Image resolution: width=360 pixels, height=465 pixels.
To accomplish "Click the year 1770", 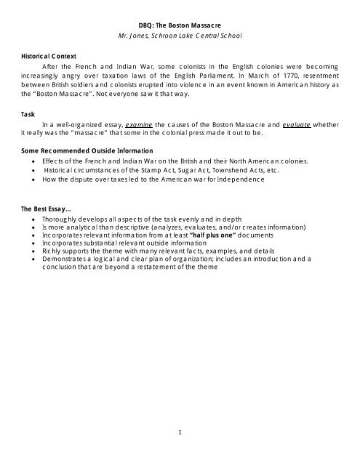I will (x=270, y=76).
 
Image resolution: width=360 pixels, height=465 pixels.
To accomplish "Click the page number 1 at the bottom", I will (x=180, y=433).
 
